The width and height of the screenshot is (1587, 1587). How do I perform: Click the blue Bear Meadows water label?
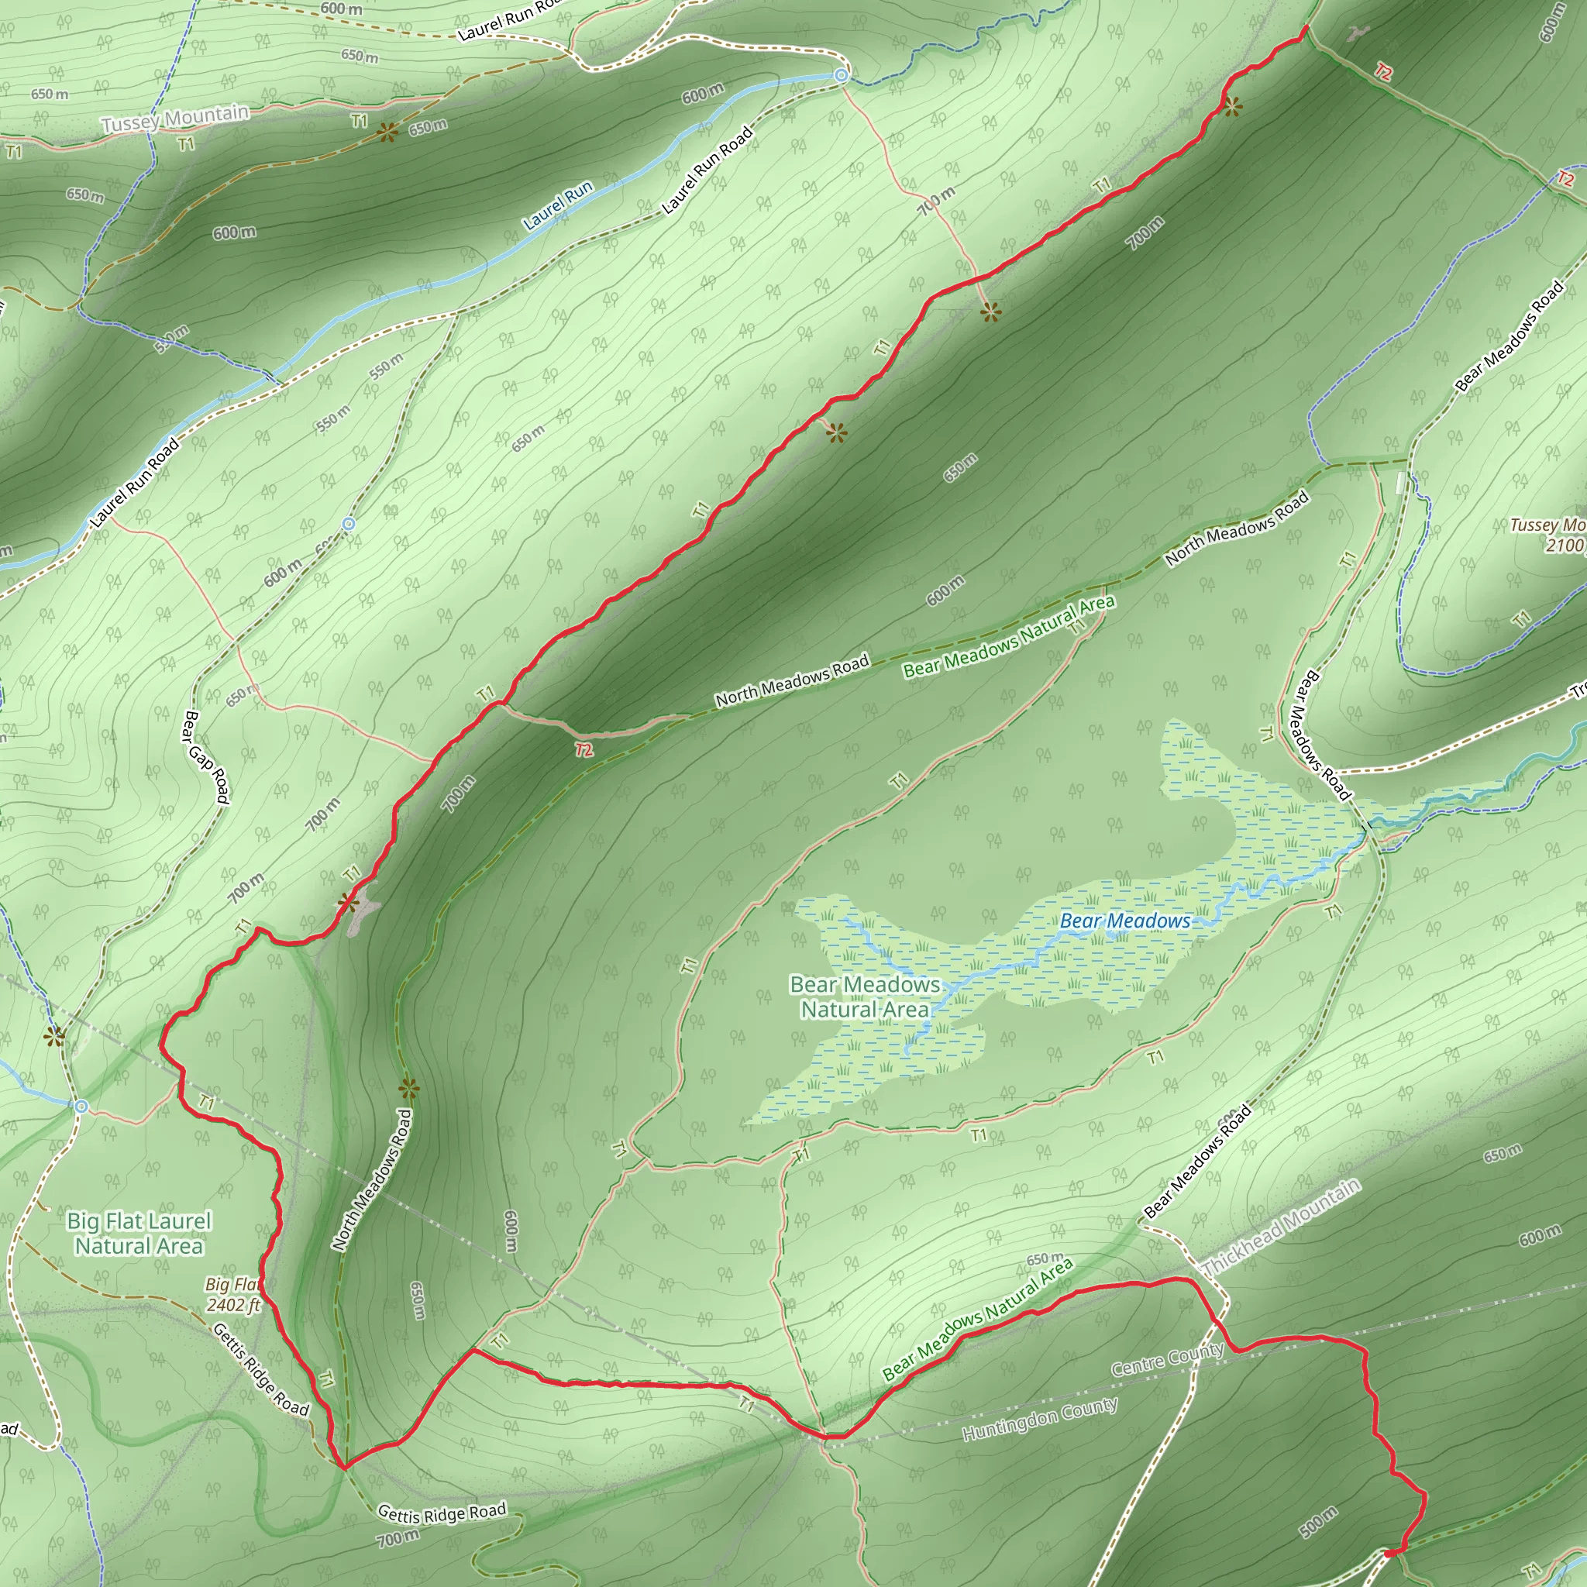1124,921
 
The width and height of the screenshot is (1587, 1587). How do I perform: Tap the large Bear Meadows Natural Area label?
865,997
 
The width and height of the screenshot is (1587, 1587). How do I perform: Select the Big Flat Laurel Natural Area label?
139,1233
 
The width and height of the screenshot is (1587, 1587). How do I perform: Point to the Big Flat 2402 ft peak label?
233,1295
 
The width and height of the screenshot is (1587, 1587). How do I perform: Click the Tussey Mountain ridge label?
175,119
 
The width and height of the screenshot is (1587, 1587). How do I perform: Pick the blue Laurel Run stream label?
559,205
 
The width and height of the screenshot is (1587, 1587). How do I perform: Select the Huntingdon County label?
1040,1419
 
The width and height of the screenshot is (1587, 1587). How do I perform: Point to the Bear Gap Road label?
205,756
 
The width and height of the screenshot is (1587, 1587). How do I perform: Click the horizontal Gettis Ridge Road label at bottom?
442,1513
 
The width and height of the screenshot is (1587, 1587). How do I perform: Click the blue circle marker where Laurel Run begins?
841,76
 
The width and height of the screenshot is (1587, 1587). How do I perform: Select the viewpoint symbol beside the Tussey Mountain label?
387,132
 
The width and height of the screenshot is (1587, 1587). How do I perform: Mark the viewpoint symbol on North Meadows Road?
408,1090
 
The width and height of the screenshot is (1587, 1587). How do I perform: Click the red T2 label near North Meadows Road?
584,749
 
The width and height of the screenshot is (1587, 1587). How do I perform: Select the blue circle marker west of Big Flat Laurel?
81,1107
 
